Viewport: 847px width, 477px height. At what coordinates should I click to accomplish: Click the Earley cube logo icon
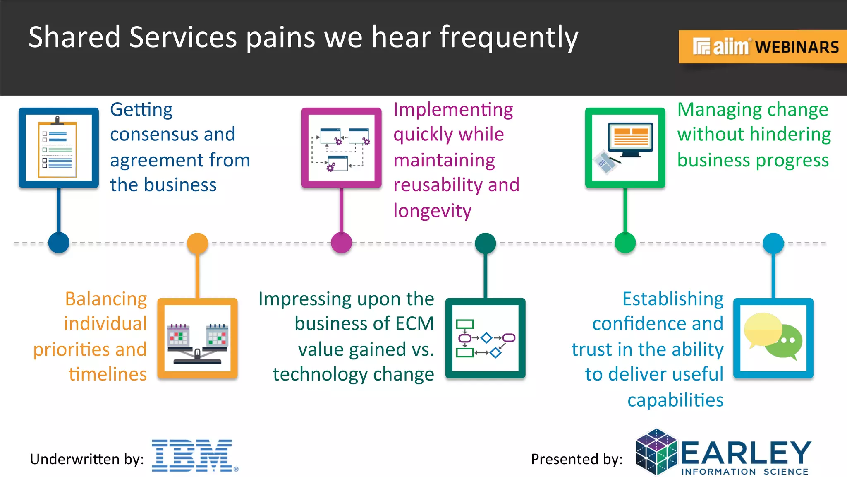point(656,452)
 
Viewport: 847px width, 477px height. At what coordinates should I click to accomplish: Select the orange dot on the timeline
point(197,243)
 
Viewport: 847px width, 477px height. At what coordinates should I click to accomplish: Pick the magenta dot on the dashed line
point(342,243)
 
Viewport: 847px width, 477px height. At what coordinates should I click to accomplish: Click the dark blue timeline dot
point(59,243)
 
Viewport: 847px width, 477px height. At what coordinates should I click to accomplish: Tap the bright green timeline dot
point(625,243)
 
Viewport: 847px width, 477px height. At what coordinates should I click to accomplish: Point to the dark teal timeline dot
point(485,243)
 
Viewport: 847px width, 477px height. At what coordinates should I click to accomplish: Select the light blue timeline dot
point(773,243)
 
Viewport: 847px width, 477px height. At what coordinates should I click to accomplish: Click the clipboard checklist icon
point(58,148)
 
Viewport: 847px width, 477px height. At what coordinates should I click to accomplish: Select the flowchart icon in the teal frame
point(485,338)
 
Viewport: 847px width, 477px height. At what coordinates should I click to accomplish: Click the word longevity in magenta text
point(432,211)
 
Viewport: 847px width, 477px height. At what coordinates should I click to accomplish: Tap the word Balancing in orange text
point(106,299)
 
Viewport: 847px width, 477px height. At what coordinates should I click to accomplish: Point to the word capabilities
point(675,400)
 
